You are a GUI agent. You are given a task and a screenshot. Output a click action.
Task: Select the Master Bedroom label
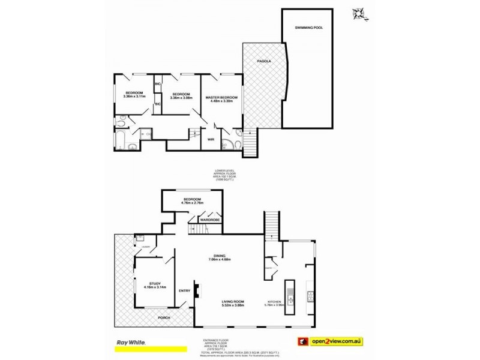pyautogui.click(x=221, y=97)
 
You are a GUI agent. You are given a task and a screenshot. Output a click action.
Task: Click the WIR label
pyautogui.click(x=211, y=139)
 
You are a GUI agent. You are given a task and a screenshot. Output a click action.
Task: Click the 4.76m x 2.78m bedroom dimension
pyautogui.click(x=193, y=202)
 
